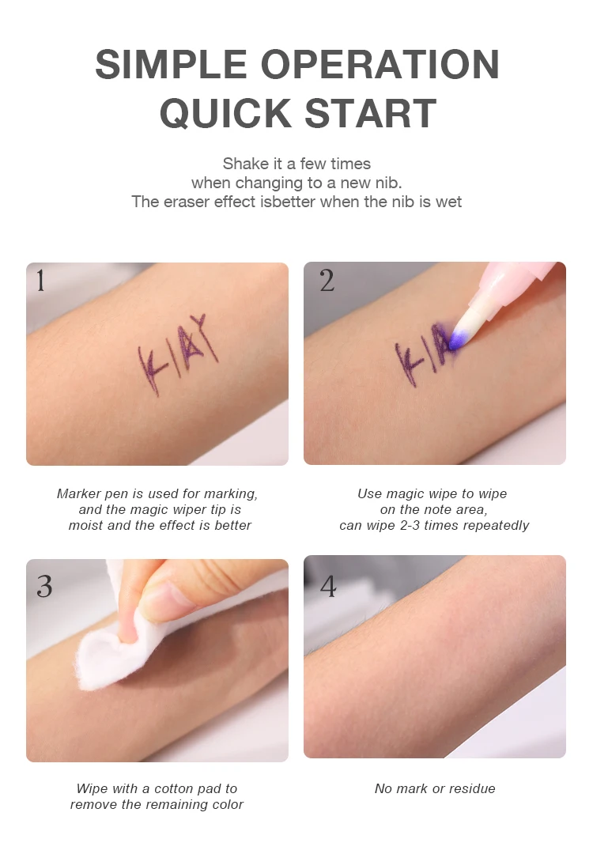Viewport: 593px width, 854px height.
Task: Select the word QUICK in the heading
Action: click(225, 113)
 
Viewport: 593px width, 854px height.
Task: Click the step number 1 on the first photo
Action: click(40, 281)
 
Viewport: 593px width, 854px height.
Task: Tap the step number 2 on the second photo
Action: click(327, 281)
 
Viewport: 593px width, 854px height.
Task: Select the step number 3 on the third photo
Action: click(44, 586)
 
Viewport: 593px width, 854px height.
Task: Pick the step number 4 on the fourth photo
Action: click(328, 586)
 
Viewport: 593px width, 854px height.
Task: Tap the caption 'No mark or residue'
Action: click(435, 788)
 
